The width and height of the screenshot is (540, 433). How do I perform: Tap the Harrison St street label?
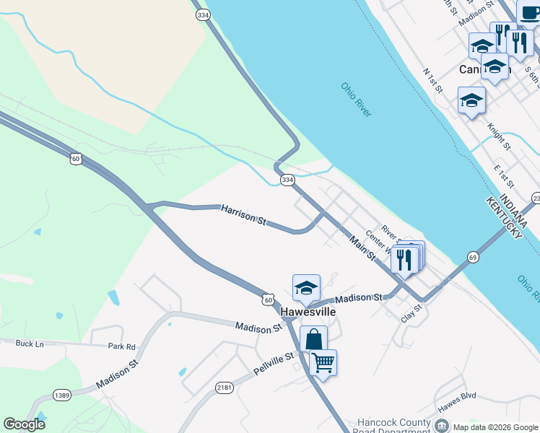point(243,214)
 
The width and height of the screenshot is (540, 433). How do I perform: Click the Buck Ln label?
point(29,344)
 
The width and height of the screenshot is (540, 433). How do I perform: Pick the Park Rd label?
point(121,347)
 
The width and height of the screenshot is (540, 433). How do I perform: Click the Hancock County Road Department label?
point(396,423)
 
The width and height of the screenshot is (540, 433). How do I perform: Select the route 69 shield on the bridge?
point(473,257)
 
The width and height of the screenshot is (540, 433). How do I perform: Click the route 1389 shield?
point(62,395)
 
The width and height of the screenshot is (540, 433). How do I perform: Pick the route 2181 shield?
point(225,388)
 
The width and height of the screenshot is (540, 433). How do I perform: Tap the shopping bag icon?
point(313,338)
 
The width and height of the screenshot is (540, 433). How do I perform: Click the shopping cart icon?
point(323,362)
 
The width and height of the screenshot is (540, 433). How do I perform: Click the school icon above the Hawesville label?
point(306,287)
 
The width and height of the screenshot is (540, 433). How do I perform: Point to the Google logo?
point(25,424)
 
